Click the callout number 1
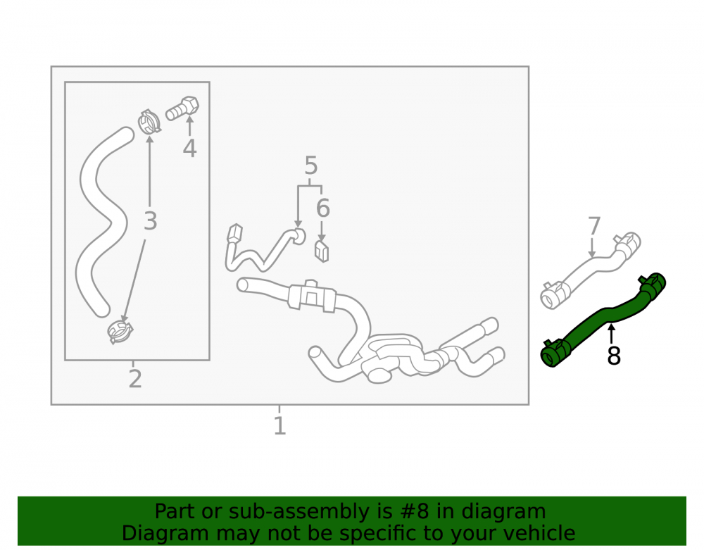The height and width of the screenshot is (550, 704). pyautogui.click(x=279, y=425)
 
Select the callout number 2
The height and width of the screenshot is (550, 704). pyautogui.click(x=135, y=379)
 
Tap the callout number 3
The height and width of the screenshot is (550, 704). pyautogui.click(x=151, y=221)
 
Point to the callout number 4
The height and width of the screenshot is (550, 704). pyautogui.click(x=189, y=149)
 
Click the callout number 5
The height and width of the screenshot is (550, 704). pyautogui.click(x=311, y=165)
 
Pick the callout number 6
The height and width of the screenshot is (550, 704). pyautogui.click(x=323, y=208)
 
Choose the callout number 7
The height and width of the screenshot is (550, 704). pyautogui.click(x=593, y=226)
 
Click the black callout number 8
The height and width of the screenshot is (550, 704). pyautogui.click(x=614, y=356)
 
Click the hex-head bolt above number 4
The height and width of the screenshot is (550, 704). pyautogui.click(x=182, y=108)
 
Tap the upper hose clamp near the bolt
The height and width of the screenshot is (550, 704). pyautogui.click(x=149, y=122)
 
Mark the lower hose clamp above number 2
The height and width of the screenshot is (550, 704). pyautogui.click(x=120, y=332)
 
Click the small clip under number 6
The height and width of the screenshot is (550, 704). pyautogui.click(x=322, y=251)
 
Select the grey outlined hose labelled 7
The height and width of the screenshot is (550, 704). pyautogui.click(x=591, y=270)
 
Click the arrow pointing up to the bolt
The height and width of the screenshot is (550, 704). pyautogui.click(x=189, y=126)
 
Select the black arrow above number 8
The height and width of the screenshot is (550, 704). pyautogui.click(x=611, y=333)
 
